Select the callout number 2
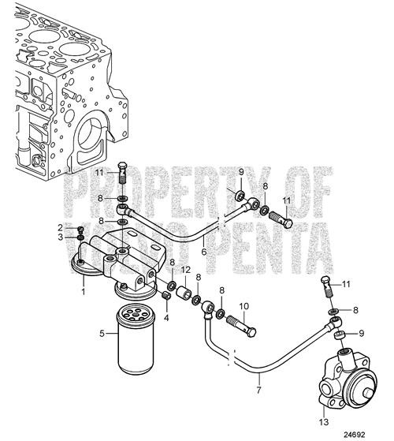[x=60, y=227]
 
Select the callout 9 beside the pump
[x=361, y=334]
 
